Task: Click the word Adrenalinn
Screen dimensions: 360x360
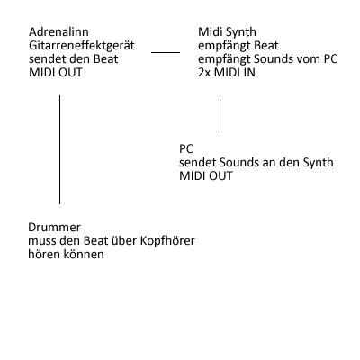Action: click(x=58, y=31)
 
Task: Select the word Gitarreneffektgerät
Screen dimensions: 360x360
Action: click(x=82, y=46)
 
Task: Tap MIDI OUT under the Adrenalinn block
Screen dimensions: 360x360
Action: click(x=56, y=73)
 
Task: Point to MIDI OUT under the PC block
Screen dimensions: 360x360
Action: click(x=206, y=175)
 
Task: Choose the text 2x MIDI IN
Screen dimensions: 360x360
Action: click(x=227, y=73)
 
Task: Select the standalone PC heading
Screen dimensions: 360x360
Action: click(x=186, y=148)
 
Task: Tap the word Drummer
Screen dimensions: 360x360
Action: click(x=54, y=228)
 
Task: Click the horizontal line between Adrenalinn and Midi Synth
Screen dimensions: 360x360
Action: click(x=166, y=52)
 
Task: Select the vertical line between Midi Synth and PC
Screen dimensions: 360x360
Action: click(x=220, y=116)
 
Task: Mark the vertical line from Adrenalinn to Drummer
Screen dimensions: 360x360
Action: click(x=59, y=149)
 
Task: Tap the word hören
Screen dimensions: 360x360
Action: click(x=44, y=255)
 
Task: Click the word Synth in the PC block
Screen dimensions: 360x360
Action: click(x=318, y=163)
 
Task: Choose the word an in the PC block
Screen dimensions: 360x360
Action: click(x=269, y=164)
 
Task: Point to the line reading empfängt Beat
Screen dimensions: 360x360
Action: click(x=238, y=46)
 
